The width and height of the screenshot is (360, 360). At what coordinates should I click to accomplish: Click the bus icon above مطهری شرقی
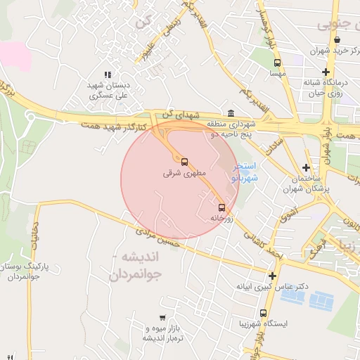coord(185,161)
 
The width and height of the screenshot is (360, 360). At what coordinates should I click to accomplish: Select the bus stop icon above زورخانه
coord(222,207)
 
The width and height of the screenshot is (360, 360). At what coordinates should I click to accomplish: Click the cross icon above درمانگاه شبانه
coord(326,72)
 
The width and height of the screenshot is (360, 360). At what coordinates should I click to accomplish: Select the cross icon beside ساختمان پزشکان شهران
coord(305,167)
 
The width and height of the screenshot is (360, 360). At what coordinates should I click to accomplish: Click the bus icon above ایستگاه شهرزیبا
coord(263,313)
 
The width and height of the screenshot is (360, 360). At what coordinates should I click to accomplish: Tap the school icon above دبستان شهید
coord(108,75)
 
